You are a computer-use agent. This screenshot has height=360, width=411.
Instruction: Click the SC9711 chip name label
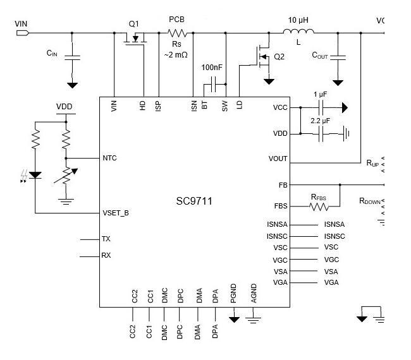pos(194,201)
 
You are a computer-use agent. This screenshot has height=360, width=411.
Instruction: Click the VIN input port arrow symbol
pos(23,33)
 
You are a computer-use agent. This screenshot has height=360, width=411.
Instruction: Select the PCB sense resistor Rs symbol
pos(177,33)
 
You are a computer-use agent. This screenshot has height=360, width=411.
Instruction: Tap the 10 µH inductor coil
pos(298,32)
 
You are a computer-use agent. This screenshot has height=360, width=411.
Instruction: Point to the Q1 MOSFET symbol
pos(135,39)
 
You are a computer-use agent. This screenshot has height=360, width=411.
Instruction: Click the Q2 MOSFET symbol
pos(263,57)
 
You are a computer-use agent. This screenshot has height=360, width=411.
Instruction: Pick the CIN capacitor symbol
pos(72,58)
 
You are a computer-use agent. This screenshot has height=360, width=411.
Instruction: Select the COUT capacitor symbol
pos(338,57)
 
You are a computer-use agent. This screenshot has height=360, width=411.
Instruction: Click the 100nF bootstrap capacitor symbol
pos(213,84)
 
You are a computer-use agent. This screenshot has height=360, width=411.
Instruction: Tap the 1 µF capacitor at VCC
pos(321,107)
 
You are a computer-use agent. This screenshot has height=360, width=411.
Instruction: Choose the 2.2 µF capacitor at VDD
pos(321,134)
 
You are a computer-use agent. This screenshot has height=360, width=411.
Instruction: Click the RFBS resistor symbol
pos(319,207)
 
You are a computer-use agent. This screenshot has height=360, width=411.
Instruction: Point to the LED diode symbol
pos(35,175)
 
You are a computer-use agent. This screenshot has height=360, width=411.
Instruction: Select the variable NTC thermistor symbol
pos(66,176)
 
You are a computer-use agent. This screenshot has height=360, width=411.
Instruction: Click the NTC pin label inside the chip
pos(109,158)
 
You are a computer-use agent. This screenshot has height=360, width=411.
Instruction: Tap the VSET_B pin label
pos(116,213)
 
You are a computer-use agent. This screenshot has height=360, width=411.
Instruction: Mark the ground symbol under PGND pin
pos(234,320)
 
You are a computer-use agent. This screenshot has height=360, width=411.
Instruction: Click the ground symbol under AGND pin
pos(253,320)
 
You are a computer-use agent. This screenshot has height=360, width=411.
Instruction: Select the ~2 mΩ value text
pos(176,55)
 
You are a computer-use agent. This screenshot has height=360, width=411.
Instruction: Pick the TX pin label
pos(106,239)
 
